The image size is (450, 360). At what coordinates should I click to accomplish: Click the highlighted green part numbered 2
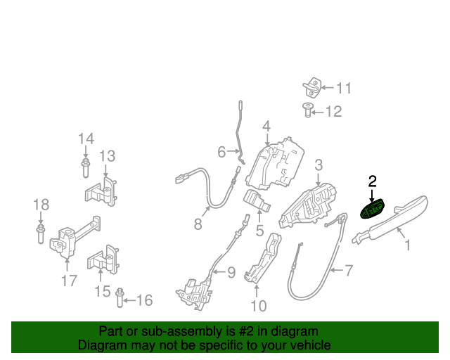tap(372, 210)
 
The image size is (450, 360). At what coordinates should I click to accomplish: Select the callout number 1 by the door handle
tap(406, 245)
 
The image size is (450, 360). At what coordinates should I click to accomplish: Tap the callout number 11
tap(342, 88)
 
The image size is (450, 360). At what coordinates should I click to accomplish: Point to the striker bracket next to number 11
tap(312, 88)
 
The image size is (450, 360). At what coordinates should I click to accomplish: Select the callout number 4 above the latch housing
tap(266, 127)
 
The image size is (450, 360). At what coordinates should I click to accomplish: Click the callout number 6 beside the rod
tap(221, 151)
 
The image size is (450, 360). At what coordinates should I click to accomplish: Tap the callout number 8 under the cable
tap(198, 225)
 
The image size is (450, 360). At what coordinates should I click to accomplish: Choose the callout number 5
tap(259, 230)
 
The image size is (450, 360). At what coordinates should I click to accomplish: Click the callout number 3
tap(319, 165)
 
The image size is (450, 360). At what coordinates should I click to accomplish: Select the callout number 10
tap(259, 305)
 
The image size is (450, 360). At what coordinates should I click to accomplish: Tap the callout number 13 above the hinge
tap(107, 155)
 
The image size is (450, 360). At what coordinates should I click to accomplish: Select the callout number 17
tap(67, 282)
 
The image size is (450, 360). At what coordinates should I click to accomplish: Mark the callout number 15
tap(102, 290)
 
